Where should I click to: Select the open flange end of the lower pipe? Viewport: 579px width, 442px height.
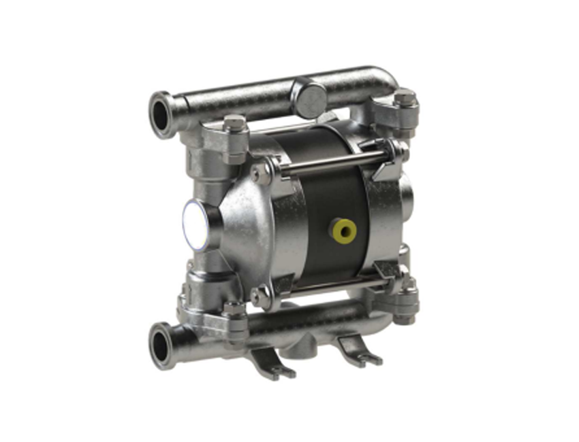pyautogui.click(x=162, y=346)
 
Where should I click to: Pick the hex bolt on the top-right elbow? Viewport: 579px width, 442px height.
pyautogui.click(x=404, y=97)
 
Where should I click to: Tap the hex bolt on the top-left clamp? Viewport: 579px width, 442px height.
pyautogui.click(x=234, y=124)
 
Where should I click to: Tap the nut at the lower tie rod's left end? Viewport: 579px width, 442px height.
pyautogui.click(x=260, y=296)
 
